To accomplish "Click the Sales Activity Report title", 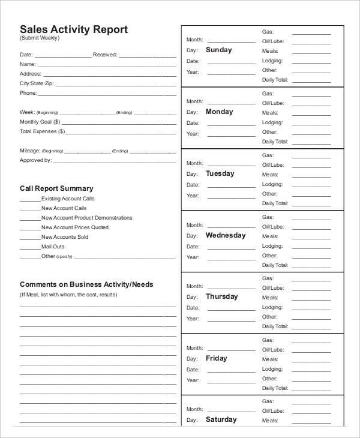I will point(74,29).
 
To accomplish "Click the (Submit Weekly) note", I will point(40,38).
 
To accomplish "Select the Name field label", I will point(28,64).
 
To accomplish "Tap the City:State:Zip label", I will point(35,83).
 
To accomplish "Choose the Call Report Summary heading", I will point(56,188).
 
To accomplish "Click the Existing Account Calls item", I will point(68,199).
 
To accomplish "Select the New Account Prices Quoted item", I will point(75,227).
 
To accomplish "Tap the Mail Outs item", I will point(53,247).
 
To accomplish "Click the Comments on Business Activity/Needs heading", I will point(86,284).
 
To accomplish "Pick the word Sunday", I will point(218,50).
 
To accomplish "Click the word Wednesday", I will point(226,235).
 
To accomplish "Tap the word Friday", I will point(216,358).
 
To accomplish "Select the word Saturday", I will point(221,419).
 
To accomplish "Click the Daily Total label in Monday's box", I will point(275,142).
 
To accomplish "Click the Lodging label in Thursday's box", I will point(272,308).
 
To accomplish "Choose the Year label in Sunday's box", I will point(193,72).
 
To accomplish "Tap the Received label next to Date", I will point(105,55).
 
